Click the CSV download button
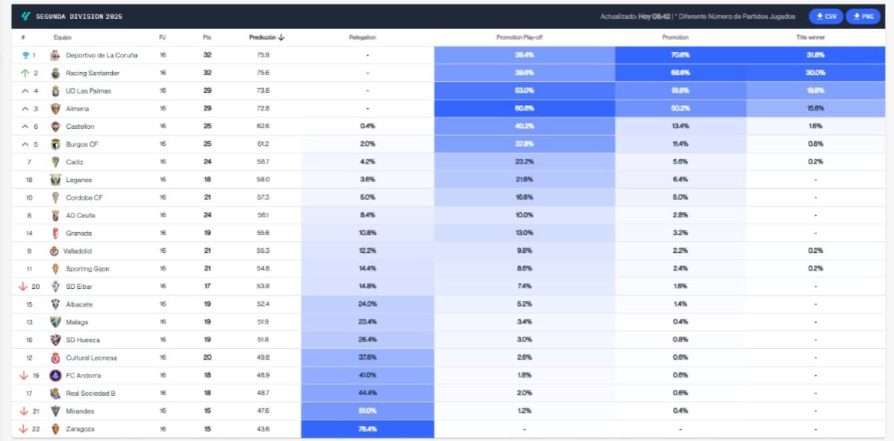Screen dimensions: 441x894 click(826, 17)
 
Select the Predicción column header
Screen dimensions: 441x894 click(266, 37)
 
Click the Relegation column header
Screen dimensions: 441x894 click(363, 37)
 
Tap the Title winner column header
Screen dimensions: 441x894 click(811, 37)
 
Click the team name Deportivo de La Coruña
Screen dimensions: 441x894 click(101, 55)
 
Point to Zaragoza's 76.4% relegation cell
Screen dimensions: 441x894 click(367, 429)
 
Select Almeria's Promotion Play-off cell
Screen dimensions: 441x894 click(524, 109)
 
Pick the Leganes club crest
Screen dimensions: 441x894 click(55, 180)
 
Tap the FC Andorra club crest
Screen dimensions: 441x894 click(55, 376)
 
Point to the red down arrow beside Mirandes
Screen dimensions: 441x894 click(23, 412)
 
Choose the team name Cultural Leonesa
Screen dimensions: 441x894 click(91, 358)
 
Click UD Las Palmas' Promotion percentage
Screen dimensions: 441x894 click(680, 91)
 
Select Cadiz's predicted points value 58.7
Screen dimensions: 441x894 click(262, 162)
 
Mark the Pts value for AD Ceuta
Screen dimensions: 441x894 click(207, 215)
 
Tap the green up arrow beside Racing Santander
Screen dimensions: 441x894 click(25, 73)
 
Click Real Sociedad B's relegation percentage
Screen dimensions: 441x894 click(367, 394)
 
